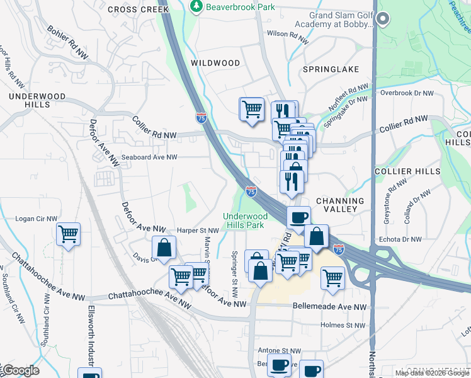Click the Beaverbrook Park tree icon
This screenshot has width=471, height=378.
coord(196,6)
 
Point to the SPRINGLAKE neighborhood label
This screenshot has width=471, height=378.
coord(331,69)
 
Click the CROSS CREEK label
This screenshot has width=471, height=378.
coord(138,9)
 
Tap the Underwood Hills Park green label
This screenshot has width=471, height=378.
coord(245,220)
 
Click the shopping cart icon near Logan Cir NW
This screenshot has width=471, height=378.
coord(68,234)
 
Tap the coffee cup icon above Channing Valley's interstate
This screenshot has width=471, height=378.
coord(298,217)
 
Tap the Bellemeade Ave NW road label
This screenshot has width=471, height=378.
coord(329,306)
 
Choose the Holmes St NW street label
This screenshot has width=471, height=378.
coord(343,326)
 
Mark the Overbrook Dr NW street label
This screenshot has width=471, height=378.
coord(407,93)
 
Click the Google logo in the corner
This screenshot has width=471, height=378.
coord(20,370)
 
